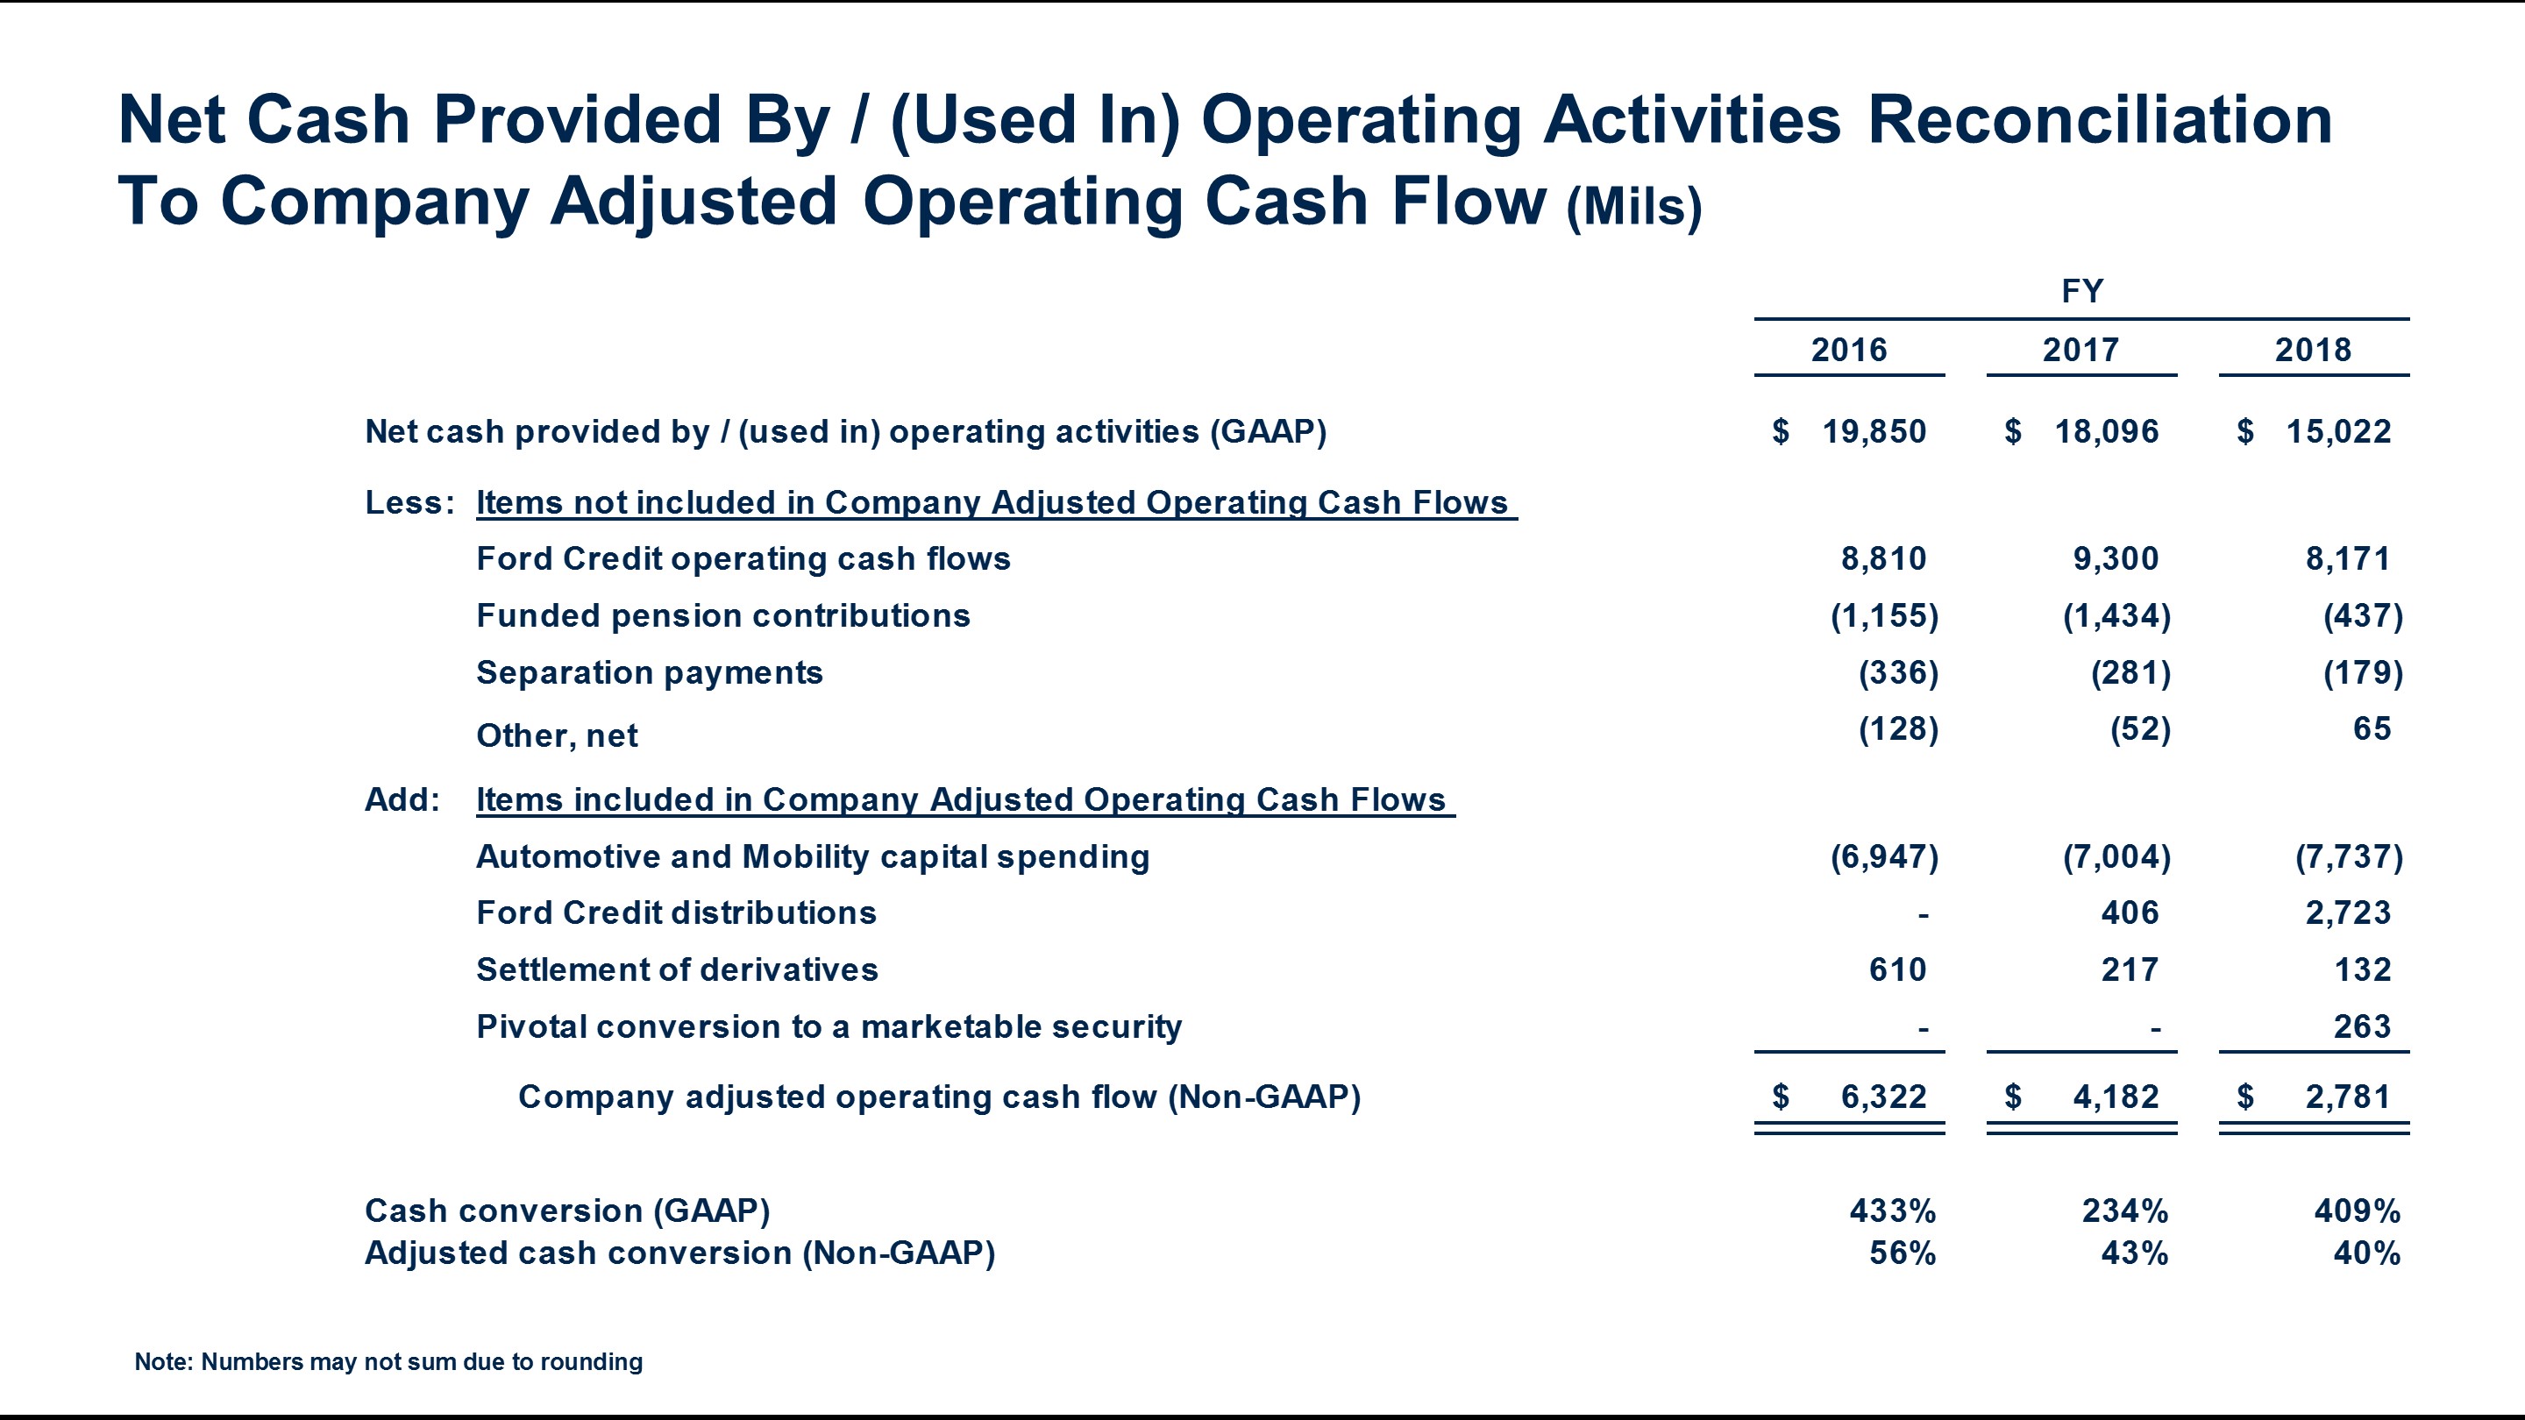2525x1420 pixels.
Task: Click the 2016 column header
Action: point(1849,350)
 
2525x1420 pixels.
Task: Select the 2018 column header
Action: point(2312,350)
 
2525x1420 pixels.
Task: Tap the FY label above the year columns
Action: point(2081,291)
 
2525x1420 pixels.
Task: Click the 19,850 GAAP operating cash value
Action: point(1874,431)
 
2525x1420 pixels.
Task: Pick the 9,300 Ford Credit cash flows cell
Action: point(2116,558)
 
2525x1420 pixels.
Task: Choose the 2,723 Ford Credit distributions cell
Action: point(2348,913)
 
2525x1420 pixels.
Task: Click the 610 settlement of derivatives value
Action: point(1896,970)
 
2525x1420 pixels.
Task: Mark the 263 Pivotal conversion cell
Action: point(2361,1027)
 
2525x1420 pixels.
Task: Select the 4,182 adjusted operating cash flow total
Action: point(2116,1097)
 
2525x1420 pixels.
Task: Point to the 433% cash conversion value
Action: point(1892,1211)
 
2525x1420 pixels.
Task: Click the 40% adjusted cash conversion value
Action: point(2366,1253)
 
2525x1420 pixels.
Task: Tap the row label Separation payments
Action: point(649,673)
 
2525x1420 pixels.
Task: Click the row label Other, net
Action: point(557,736)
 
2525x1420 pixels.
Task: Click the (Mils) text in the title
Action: point(1633,206)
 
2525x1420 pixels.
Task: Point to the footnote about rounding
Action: point(388,1361)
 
